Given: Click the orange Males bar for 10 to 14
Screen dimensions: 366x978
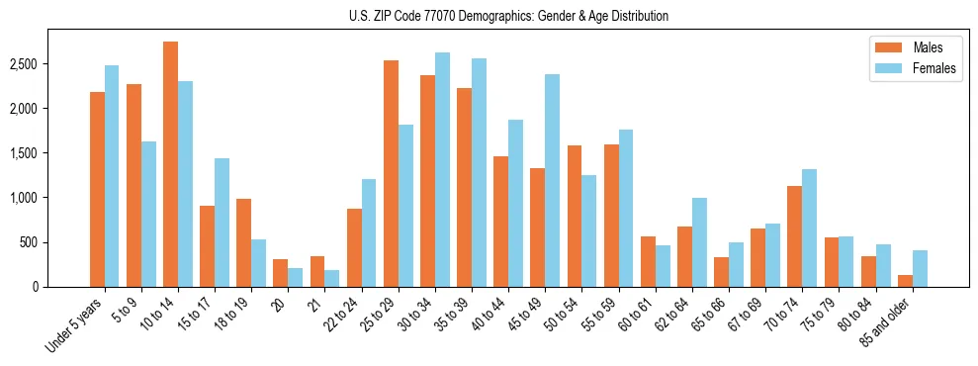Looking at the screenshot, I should point(171,164).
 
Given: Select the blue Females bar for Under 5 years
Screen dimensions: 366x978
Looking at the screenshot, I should point(112,176).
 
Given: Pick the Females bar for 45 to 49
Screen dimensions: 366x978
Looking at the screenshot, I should point(552,180).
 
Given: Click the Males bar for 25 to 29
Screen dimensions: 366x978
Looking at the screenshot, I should point(391,173).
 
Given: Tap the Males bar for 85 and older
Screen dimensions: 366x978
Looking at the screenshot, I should point(905,281).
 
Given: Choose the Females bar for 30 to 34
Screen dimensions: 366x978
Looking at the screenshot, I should point(442,169).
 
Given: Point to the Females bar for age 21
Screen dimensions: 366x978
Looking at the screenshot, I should point(332,278).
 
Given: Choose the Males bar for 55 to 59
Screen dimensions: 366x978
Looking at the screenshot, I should point(611,216).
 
